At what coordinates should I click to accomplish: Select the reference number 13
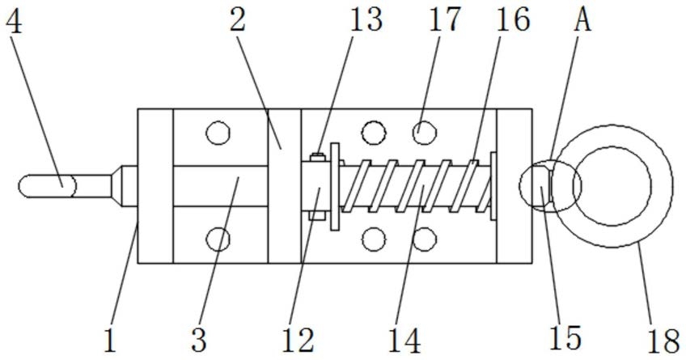[366, 19]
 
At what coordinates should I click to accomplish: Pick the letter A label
[581, 19]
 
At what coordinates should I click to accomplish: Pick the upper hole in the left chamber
[218, 131]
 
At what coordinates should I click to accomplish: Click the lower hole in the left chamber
[218, 238]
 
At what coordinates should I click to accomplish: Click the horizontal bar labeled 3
[220, 185]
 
